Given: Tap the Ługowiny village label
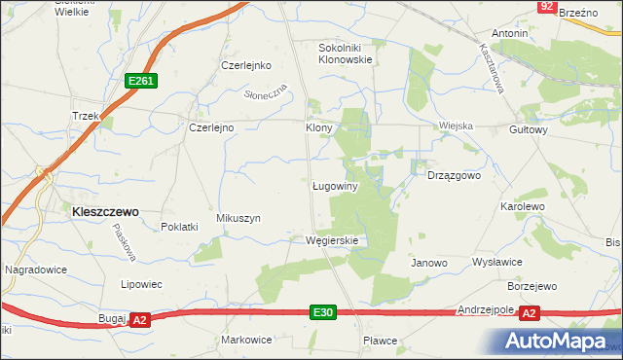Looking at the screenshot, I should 337,186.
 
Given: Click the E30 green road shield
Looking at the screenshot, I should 324,312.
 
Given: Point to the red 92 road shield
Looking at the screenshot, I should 547,7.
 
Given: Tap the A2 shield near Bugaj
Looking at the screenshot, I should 139,319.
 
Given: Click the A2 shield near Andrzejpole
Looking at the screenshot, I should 529,313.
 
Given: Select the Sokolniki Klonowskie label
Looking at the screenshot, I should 347,53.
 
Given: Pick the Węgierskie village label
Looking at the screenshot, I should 332,240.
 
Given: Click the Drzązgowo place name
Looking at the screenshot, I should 455,176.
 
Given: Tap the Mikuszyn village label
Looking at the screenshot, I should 238,219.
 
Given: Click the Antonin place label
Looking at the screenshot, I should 509,34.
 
